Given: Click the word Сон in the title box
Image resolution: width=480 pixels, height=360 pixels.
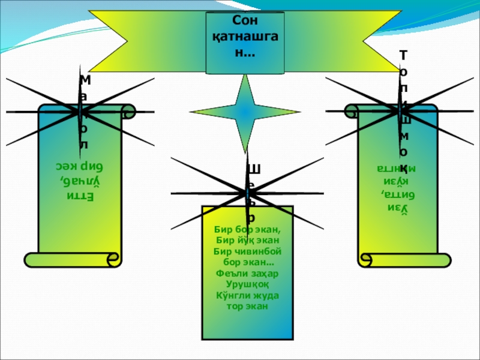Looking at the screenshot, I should click(x=244, y=22).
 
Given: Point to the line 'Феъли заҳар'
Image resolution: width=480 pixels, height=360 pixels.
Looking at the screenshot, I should click(x=247, y=274).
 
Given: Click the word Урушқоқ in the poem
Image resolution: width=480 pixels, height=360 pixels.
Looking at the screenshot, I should click(x=247, y=284).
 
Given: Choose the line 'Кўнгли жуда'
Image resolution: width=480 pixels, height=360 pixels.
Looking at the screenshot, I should click(x=247, y=295).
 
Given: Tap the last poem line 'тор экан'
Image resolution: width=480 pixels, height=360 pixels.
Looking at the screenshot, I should click(x=247, y=306).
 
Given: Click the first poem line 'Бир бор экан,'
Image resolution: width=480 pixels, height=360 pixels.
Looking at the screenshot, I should click(x=247, y=229).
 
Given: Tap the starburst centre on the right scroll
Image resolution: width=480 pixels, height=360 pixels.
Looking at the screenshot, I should click(x=400, y=109).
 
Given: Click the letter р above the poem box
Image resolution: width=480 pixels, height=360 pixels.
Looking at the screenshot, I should click(x=252, y=218).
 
